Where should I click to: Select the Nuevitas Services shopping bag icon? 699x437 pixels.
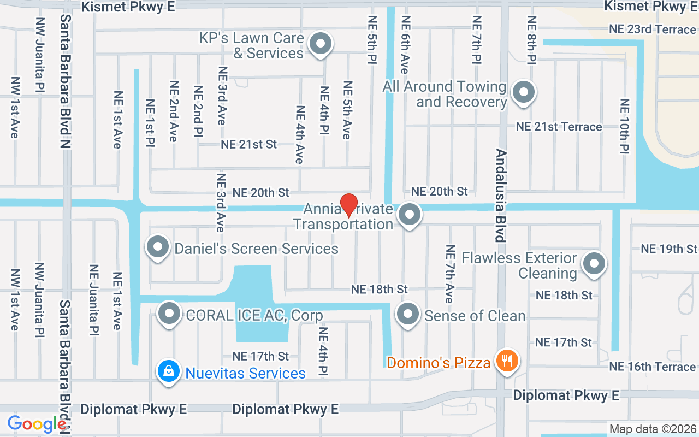coord(169,371)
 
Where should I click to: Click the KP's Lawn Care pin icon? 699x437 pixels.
coord(321,44)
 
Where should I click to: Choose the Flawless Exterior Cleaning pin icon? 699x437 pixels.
coord(594,264)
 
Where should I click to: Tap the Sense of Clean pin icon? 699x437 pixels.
coord(407,314)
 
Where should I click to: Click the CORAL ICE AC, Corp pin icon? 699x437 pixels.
coord(169,314)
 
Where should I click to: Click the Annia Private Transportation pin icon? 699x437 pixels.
coord(410,214)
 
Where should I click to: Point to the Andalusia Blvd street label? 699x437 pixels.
coord(501,195)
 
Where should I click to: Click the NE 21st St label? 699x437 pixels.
coord(249,145)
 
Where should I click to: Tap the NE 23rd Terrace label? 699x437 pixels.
coord(653,29)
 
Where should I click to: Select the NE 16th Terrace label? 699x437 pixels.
coord(653,367)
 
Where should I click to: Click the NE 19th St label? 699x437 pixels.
coord(670,249)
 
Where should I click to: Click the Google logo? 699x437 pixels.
coord(37,424)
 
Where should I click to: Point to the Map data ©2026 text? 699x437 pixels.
coord(653,429)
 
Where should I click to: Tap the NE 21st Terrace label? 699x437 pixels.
coord(559,127)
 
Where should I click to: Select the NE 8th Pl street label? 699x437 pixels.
coord(532,40)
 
